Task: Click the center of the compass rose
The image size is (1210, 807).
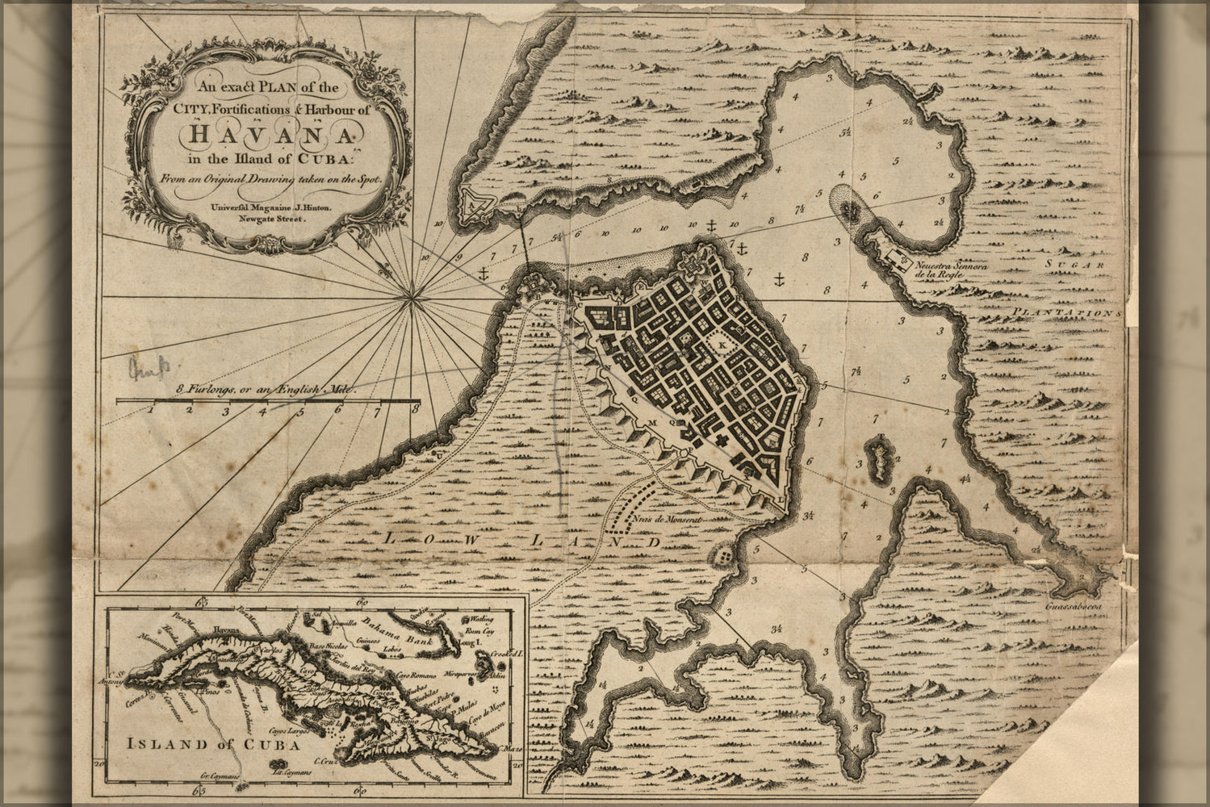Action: point(413,298)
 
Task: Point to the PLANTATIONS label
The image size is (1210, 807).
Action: point(1069,311)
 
